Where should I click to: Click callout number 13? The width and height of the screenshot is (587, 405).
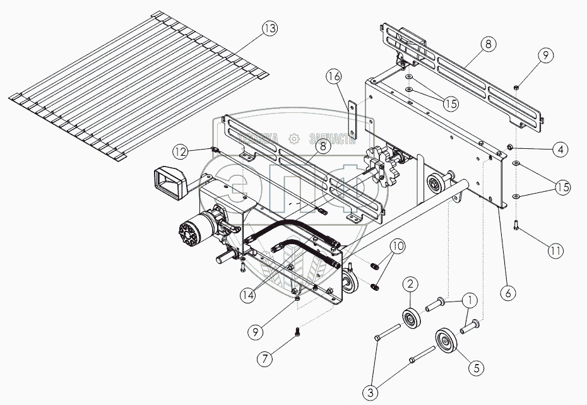270,29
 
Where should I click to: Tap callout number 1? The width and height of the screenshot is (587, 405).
468,302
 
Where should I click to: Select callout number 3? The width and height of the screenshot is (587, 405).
371,392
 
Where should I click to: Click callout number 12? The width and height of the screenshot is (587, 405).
182,151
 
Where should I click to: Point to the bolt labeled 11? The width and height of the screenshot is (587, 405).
516,223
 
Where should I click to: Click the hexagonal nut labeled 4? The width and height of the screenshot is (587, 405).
509,149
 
